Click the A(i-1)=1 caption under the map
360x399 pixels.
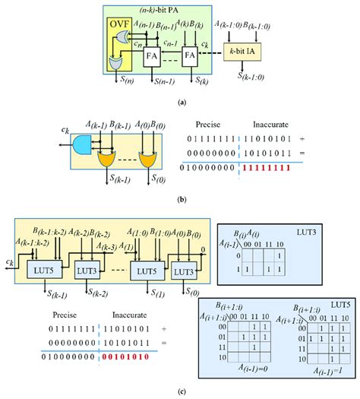pyautogui.click(x=318, y=372)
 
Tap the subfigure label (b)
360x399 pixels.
pyautogui.click(x=179, y=199)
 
